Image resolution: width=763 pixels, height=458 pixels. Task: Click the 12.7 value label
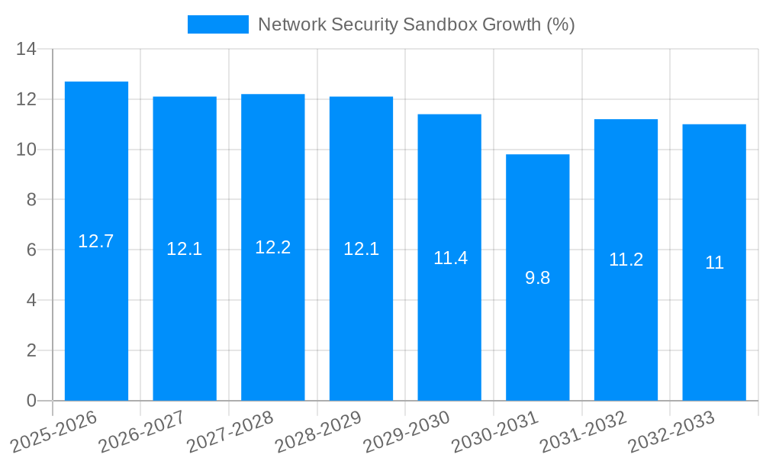point(96,241)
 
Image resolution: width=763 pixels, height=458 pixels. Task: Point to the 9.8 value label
point(537,278)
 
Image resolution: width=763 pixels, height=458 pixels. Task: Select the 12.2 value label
point(272,247)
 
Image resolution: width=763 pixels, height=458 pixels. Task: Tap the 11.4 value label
point(450,258)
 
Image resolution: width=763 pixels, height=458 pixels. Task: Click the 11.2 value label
point(626,260)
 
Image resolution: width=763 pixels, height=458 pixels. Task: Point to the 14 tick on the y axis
point(26,49)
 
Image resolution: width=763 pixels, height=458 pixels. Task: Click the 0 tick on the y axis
point(31,401)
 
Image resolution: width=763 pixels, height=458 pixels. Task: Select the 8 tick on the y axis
point(31,200)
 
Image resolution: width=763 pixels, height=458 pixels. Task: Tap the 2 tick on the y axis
point(31,350)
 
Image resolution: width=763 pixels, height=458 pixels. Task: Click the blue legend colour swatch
point(218,24)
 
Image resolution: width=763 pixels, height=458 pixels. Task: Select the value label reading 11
point(714,263)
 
